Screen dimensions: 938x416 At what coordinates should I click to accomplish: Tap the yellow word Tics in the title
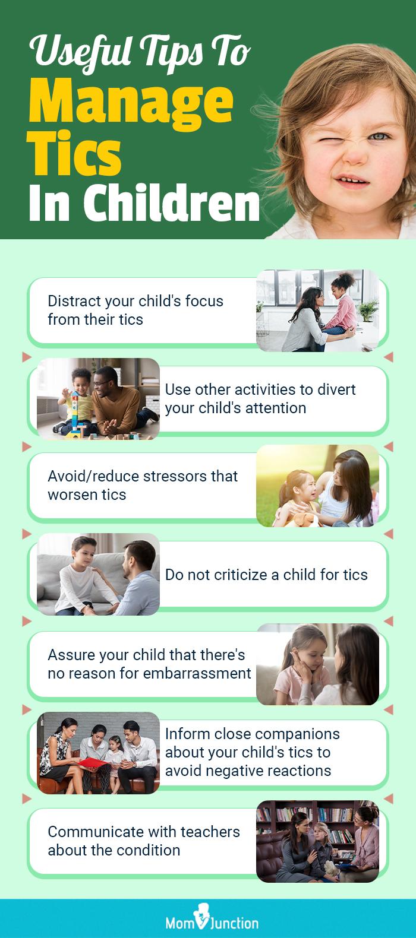click(x=74, y=156)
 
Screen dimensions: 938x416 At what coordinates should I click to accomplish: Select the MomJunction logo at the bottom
click(x=208, y=921)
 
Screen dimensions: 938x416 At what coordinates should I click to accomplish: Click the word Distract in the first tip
click(x=69, y=301)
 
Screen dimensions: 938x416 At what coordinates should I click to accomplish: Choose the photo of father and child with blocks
click(x=98, y=399)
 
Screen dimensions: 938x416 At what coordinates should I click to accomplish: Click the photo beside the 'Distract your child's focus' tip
click(x=317, y=310)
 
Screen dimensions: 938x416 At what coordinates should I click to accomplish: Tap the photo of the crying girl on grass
click(x=317, y=486)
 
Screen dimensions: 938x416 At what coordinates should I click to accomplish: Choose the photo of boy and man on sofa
click(x=98, y=574)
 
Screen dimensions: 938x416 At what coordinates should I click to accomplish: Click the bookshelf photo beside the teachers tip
click(x=317, y=841)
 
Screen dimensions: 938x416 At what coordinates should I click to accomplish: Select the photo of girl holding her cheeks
click(x=317, y=664)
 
